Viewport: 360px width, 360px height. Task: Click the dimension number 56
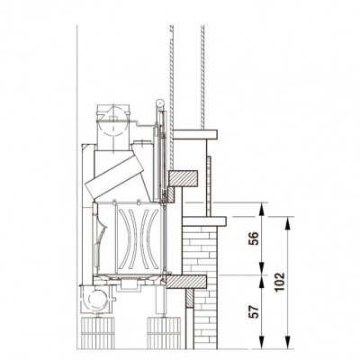253,239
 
